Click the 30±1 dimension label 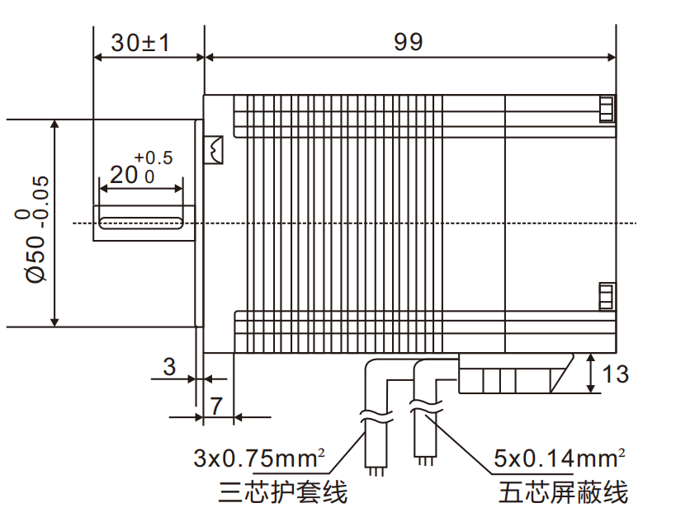(140, 42)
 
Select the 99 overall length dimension (408, 42)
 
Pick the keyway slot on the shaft (141, 223)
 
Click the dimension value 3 (169, 367)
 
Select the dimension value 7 (216, 406)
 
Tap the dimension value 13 (615, 374)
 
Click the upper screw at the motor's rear (607, 110)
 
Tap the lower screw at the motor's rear (607, 296)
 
